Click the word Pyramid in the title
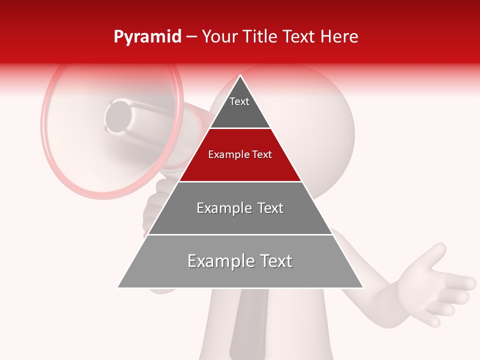coord(147,37)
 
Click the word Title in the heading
coord(260,37)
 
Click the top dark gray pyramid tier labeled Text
coord(239,107)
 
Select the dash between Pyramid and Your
coord(191,37)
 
